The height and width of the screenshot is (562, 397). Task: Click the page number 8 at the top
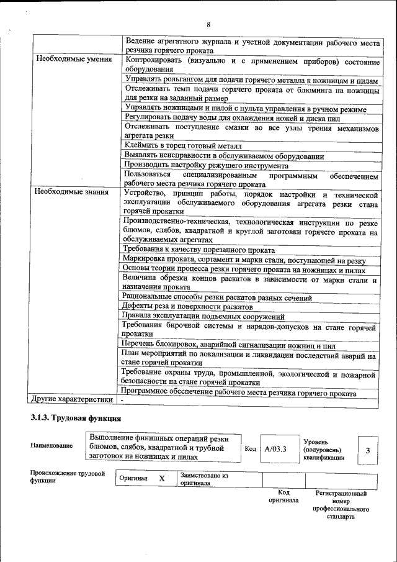pos(208,24)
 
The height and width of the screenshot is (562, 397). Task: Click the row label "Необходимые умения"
pos(74,60)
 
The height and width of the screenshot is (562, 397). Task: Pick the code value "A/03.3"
pos(274,448)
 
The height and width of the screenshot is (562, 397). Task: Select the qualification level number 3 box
pos(368,449)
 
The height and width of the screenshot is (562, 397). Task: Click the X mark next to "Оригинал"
pos(161,479)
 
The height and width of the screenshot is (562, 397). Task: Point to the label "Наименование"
pos(51,445)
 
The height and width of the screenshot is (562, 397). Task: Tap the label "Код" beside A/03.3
pos(250,448)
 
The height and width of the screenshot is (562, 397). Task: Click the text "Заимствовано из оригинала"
pos(204,479)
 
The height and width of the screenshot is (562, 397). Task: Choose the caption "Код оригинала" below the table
pos(283,496)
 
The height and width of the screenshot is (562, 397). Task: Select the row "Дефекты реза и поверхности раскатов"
pos(187,307)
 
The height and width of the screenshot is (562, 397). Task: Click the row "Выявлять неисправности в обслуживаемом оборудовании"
pos(224,155)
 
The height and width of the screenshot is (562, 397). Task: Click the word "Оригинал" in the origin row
pos(133,479)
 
